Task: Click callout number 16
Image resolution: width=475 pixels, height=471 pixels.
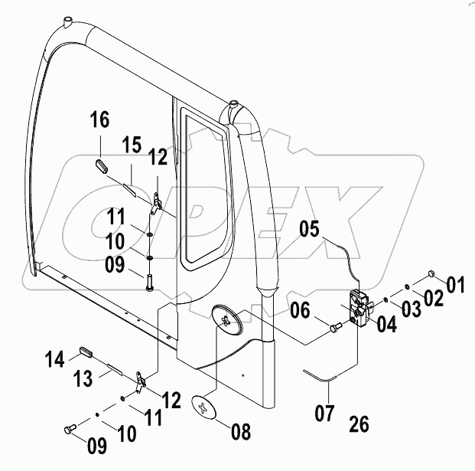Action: (x=99, y=120)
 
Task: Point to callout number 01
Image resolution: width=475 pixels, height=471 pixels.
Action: (x=455, y=286)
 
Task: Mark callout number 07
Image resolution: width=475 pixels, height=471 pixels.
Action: (x=325, y=414)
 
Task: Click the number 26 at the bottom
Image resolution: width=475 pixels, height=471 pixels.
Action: (x=359, y=424)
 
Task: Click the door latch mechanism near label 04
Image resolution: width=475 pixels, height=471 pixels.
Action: (x=359, y=308)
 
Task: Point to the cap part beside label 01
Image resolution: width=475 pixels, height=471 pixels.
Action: (x=431, y=274)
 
